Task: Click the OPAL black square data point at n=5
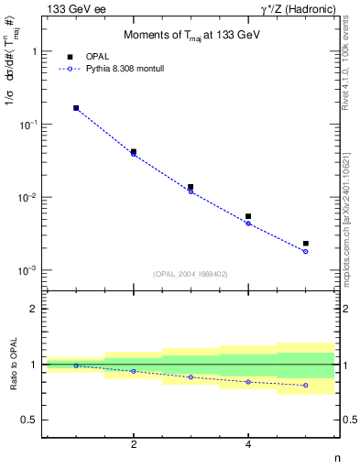tap(305, 244)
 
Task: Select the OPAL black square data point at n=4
tap(248, 216)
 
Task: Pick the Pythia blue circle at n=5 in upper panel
tap(305, 251)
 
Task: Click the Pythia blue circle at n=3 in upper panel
tap(191, 191)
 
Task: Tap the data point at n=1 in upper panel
tap(76, 108)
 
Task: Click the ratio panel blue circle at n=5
tap(305, 386)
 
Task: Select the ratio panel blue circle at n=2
tap(134, 371)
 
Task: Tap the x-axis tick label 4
tap(248, 444)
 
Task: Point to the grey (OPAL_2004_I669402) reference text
tap(191, 274)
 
